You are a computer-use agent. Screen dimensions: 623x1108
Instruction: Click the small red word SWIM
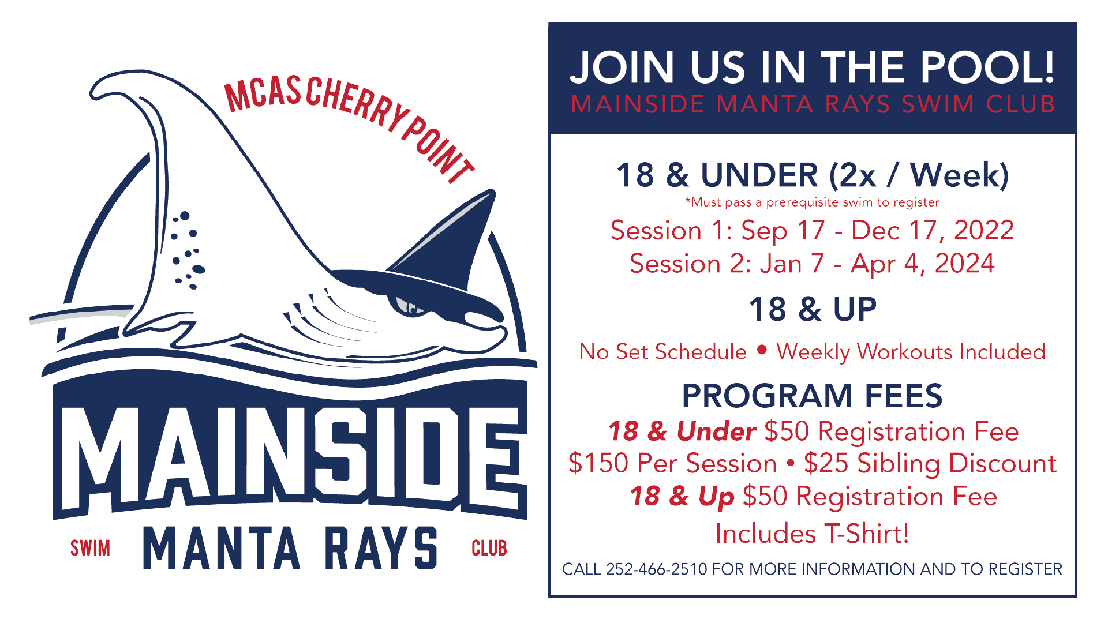pyautogui.click(x=90, y=548)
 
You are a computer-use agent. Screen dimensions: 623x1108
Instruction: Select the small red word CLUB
pyautogui.click(x=489, y=548)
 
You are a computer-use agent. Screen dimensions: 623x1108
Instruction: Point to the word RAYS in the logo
pyautogui.click(x=381, y=548)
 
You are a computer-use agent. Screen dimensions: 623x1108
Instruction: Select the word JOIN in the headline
pyautogui.click(x=622, y=67)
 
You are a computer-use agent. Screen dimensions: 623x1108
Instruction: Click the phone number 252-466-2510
pyautogui.click(x=656, y=569)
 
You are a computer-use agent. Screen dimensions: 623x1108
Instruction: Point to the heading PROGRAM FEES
pyautogui.click(x=812, y=396)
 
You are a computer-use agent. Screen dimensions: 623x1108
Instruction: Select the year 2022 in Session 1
pyautogui.click(x=983, y=230)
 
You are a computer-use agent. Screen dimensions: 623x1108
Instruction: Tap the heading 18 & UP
pyautogui.click(x=812, y=309)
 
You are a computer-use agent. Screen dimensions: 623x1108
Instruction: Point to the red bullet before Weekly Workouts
pyautogui.click(x=762, y=350)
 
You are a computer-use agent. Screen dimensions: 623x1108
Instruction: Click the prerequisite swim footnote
pyautogui.click(x=812, y=202)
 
